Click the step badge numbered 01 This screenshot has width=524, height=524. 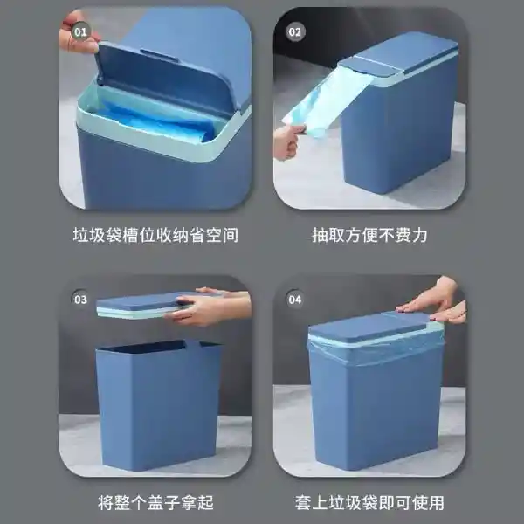click(x=80, y=33)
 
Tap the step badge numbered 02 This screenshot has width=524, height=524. click(x=296, y=33)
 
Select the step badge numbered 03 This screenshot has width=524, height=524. click(x=80, y=300)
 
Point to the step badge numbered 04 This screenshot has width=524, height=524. click(x=296, y=300)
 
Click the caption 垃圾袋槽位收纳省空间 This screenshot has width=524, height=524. click(x=155, y=235)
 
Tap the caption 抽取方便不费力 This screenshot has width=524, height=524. click(x=369, y=235)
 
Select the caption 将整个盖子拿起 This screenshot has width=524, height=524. click(x=155, y=502)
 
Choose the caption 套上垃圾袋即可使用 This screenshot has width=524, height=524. click(x=369, y=502)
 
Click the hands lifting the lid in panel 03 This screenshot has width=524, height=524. click(x=210, y=307)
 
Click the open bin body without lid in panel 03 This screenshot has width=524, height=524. click(x=157, y=402)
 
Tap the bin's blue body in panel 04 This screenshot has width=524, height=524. click(x=376, y=410)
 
